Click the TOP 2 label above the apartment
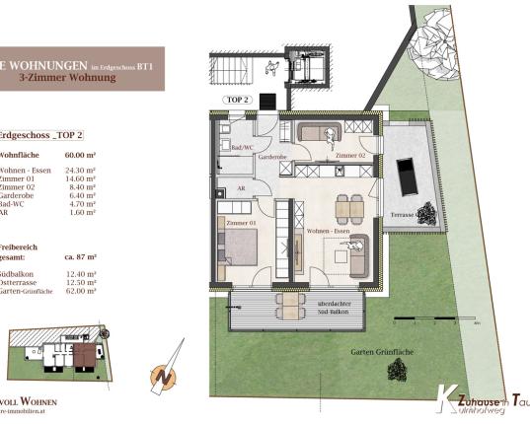coord(238,100)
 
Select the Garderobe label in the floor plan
coord(271,157)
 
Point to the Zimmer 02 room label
coord(351,156)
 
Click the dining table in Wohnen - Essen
coord(349,208)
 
